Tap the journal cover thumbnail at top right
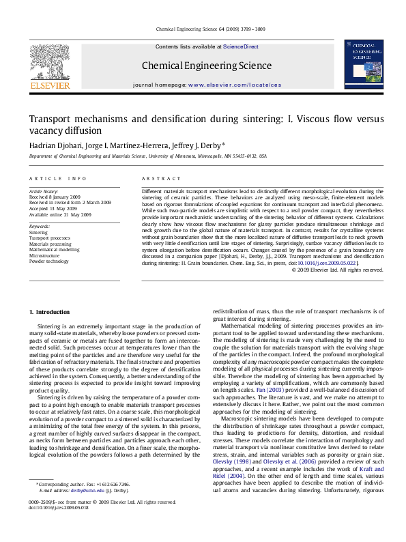[x=362, y=65]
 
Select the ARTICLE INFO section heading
[x=58, y=178]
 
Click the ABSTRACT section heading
[x=156, y=178]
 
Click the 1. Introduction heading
[x=49, y=312]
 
